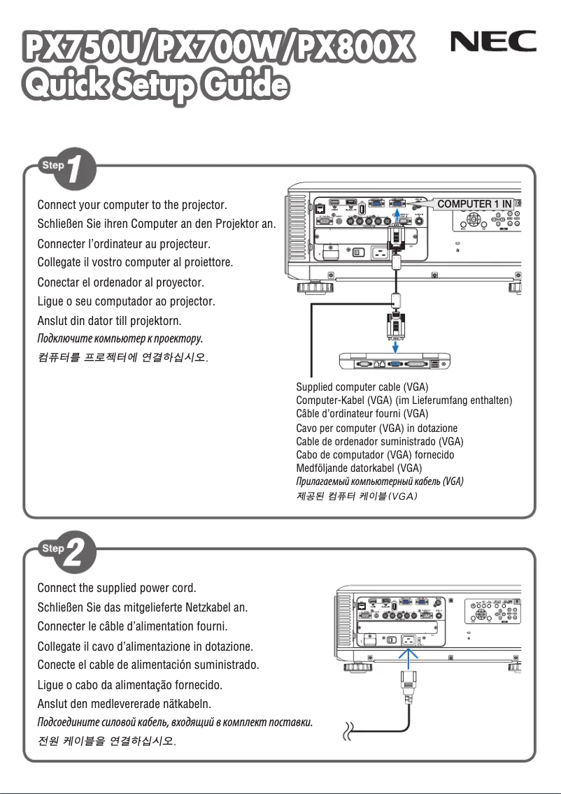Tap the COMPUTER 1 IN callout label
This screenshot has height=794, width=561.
coord(474,204)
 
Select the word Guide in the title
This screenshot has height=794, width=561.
coord(243,87)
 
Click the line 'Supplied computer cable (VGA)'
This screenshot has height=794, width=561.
coord(362,387)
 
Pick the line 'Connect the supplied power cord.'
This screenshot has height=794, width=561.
coord(121,586)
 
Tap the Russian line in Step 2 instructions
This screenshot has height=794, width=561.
coord(176,721)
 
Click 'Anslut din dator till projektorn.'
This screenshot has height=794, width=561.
coord(109,321)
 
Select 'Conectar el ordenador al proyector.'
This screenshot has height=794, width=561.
coord(120,283)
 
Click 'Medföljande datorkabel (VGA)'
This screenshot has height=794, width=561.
coord(360,468)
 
